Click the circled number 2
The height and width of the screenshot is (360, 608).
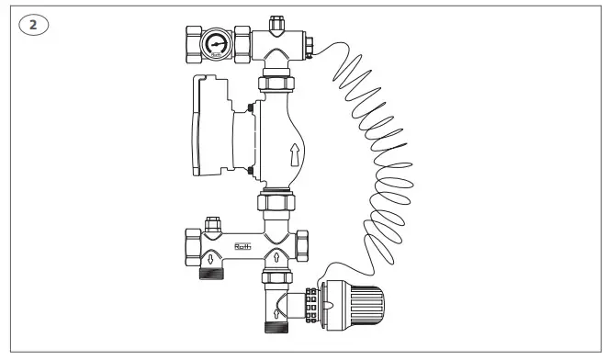coord(33,25)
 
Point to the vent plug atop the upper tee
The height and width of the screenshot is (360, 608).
coord(276,17)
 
